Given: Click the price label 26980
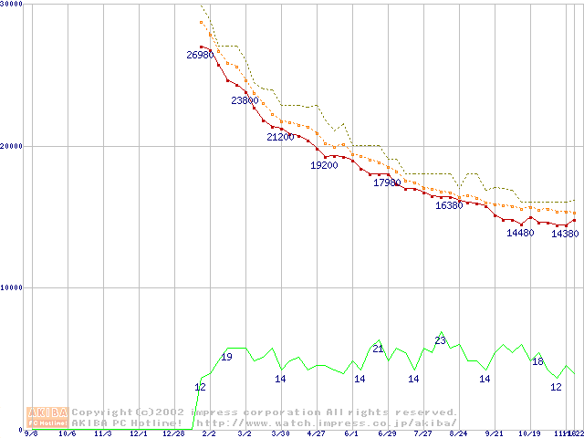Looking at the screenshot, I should click(200, 55).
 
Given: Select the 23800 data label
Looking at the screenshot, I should click(245, 100).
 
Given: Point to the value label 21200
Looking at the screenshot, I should click(280, 137).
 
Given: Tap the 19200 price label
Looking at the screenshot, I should click(324, 165).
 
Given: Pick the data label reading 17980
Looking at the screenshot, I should click(387, 182).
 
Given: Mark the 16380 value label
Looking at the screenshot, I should click(449, 205).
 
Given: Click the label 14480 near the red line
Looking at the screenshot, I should click(520, 233).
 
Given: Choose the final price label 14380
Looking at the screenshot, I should click(565, 234).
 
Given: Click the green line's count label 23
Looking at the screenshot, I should click(440, 340).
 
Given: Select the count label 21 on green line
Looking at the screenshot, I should click(378, 348).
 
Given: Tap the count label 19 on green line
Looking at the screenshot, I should click(226, 357).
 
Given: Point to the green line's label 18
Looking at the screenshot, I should click(537, 361).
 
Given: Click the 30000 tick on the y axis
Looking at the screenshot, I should click(11, 5).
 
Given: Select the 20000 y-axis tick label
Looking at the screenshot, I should click(11, 146).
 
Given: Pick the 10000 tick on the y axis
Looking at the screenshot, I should click(11, 287).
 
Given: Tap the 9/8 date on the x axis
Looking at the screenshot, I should click(31, 434).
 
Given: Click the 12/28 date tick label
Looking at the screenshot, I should click(173, 434).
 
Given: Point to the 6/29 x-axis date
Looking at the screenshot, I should click(387, 434).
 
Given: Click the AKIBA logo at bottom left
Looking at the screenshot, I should click(48, 417).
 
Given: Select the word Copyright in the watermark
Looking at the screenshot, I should click(102, 412).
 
